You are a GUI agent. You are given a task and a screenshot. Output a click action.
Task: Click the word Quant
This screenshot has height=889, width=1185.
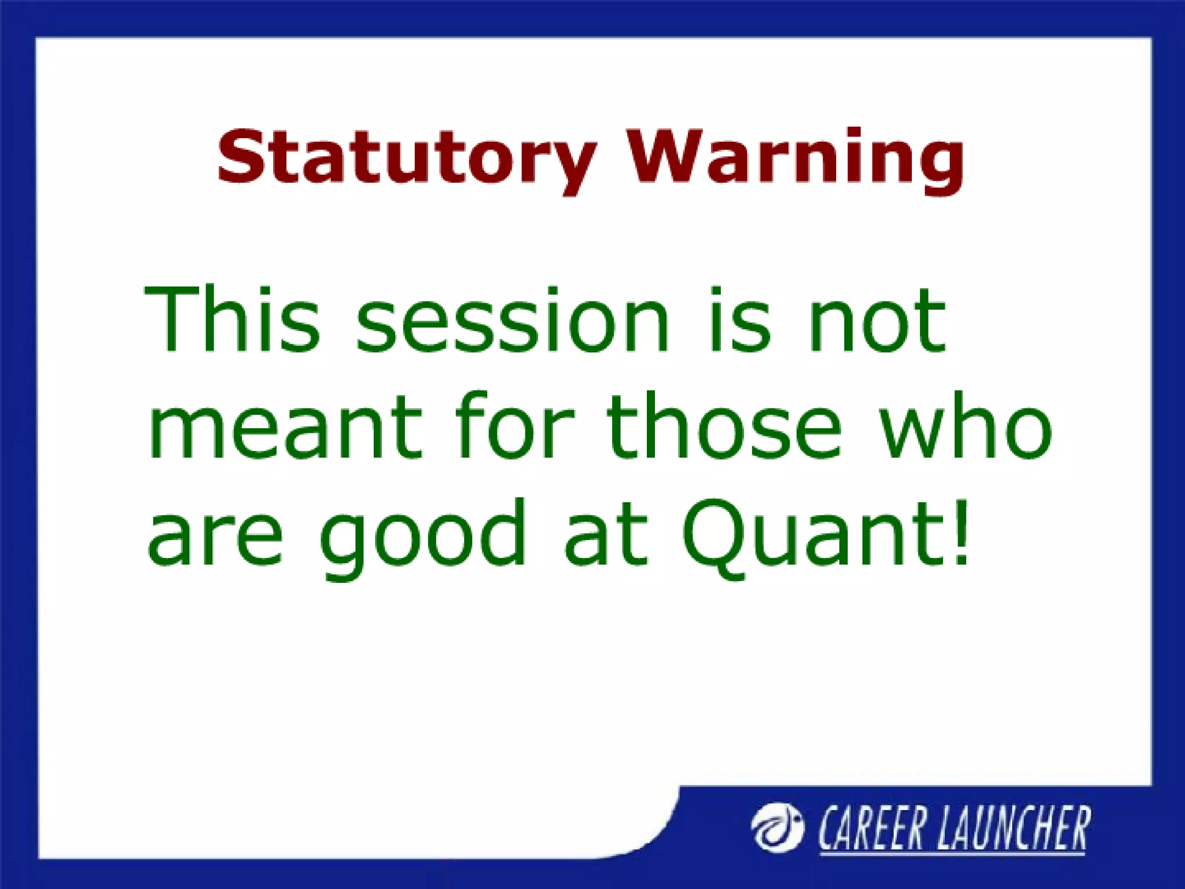tap(810, 535)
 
